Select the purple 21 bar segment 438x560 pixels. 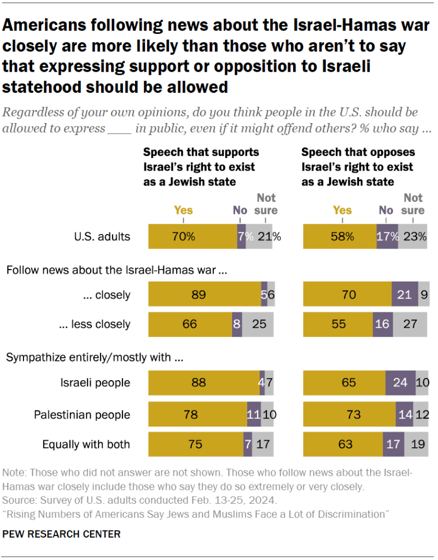point(405,295)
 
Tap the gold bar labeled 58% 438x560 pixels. point(339,237)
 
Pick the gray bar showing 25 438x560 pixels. point(258,324)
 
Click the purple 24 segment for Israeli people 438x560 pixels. point(400,382)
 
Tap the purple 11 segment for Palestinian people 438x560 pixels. point(253,415)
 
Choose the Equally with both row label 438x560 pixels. point(86,444)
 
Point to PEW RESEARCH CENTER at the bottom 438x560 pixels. point(61,533)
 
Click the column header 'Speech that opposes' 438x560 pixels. point(358,152)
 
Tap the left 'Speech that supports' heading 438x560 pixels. point(201,152)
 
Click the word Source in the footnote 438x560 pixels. point(17,500)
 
